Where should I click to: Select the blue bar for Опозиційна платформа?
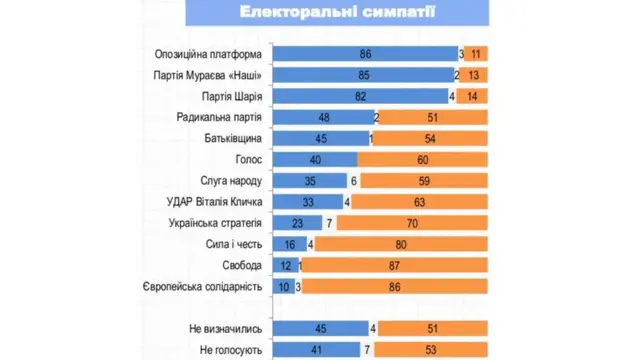364,54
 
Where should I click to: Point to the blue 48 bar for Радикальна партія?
322,117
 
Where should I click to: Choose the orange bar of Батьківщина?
431,138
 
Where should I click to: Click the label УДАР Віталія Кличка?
215,201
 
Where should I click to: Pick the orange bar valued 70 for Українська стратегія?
413,222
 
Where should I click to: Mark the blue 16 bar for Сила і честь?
290,243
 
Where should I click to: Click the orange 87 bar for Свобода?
396,265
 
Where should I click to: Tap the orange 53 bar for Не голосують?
431,349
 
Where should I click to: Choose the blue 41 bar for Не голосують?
316,349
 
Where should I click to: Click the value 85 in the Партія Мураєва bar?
362,75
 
